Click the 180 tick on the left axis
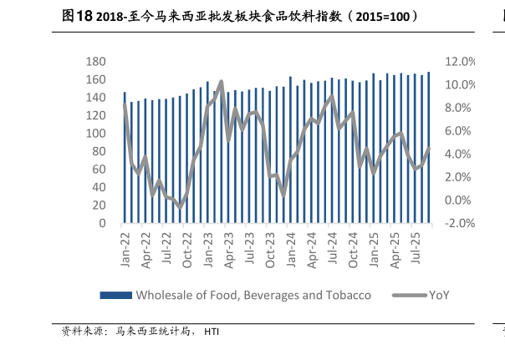pos(95,62)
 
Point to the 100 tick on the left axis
pos(95,134)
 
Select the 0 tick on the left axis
pos(101,224)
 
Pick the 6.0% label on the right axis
pos(461,131)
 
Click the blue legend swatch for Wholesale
pos(115,295)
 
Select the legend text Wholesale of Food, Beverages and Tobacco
pos(253,295)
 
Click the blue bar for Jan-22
pos(125,158)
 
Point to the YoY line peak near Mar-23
pos(221,82)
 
